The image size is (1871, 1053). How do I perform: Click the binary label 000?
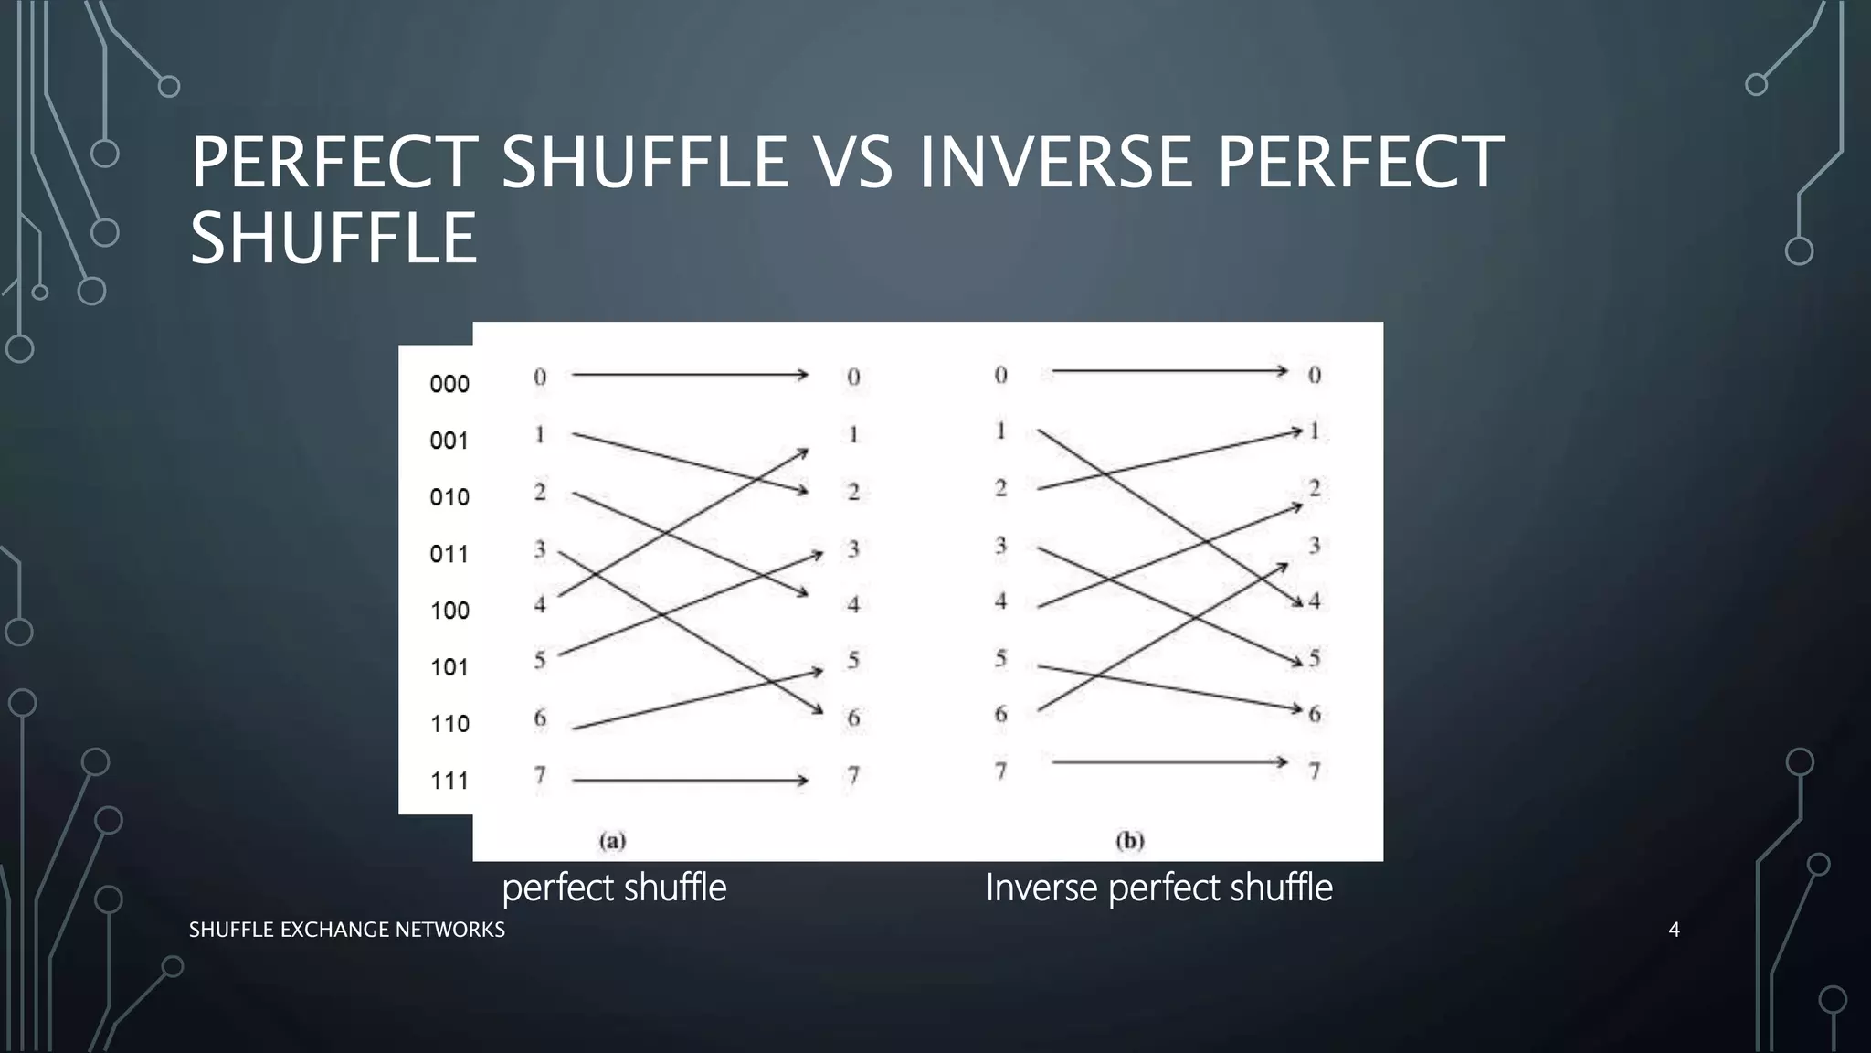point(449,384)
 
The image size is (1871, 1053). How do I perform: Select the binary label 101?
point(449,667)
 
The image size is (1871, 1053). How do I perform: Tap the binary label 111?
point(449,781)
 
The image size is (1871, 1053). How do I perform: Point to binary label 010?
point(449,497)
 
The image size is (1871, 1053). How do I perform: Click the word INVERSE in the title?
point(1055,163)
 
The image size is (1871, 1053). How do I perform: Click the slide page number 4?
point(1674,930)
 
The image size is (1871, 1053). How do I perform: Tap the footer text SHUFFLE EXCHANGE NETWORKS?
point(346,930)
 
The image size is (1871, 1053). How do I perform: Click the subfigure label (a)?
point(612,840)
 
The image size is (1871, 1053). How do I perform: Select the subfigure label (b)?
point(1130,840)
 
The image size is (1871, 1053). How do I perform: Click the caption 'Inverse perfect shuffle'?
point(1158,888)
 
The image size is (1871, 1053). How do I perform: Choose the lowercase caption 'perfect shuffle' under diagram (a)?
point(614,888)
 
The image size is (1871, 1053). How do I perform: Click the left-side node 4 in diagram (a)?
point(540,604)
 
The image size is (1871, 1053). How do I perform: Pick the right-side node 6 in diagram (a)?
point(853,718)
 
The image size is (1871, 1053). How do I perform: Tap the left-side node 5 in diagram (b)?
point(1001,658)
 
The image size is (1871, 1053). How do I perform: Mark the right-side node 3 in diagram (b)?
point(1315,546)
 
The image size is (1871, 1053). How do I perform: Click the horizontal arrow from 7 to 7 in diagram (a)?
point(690,781)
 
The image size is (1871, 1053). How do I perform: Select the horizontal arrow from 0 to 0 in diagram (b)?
point(1169,371)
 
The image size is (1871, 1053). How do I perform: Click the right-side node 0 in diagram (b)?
point(1315,375)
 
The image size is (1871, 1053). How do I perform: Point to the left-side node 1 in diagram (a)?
point(540,434)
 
